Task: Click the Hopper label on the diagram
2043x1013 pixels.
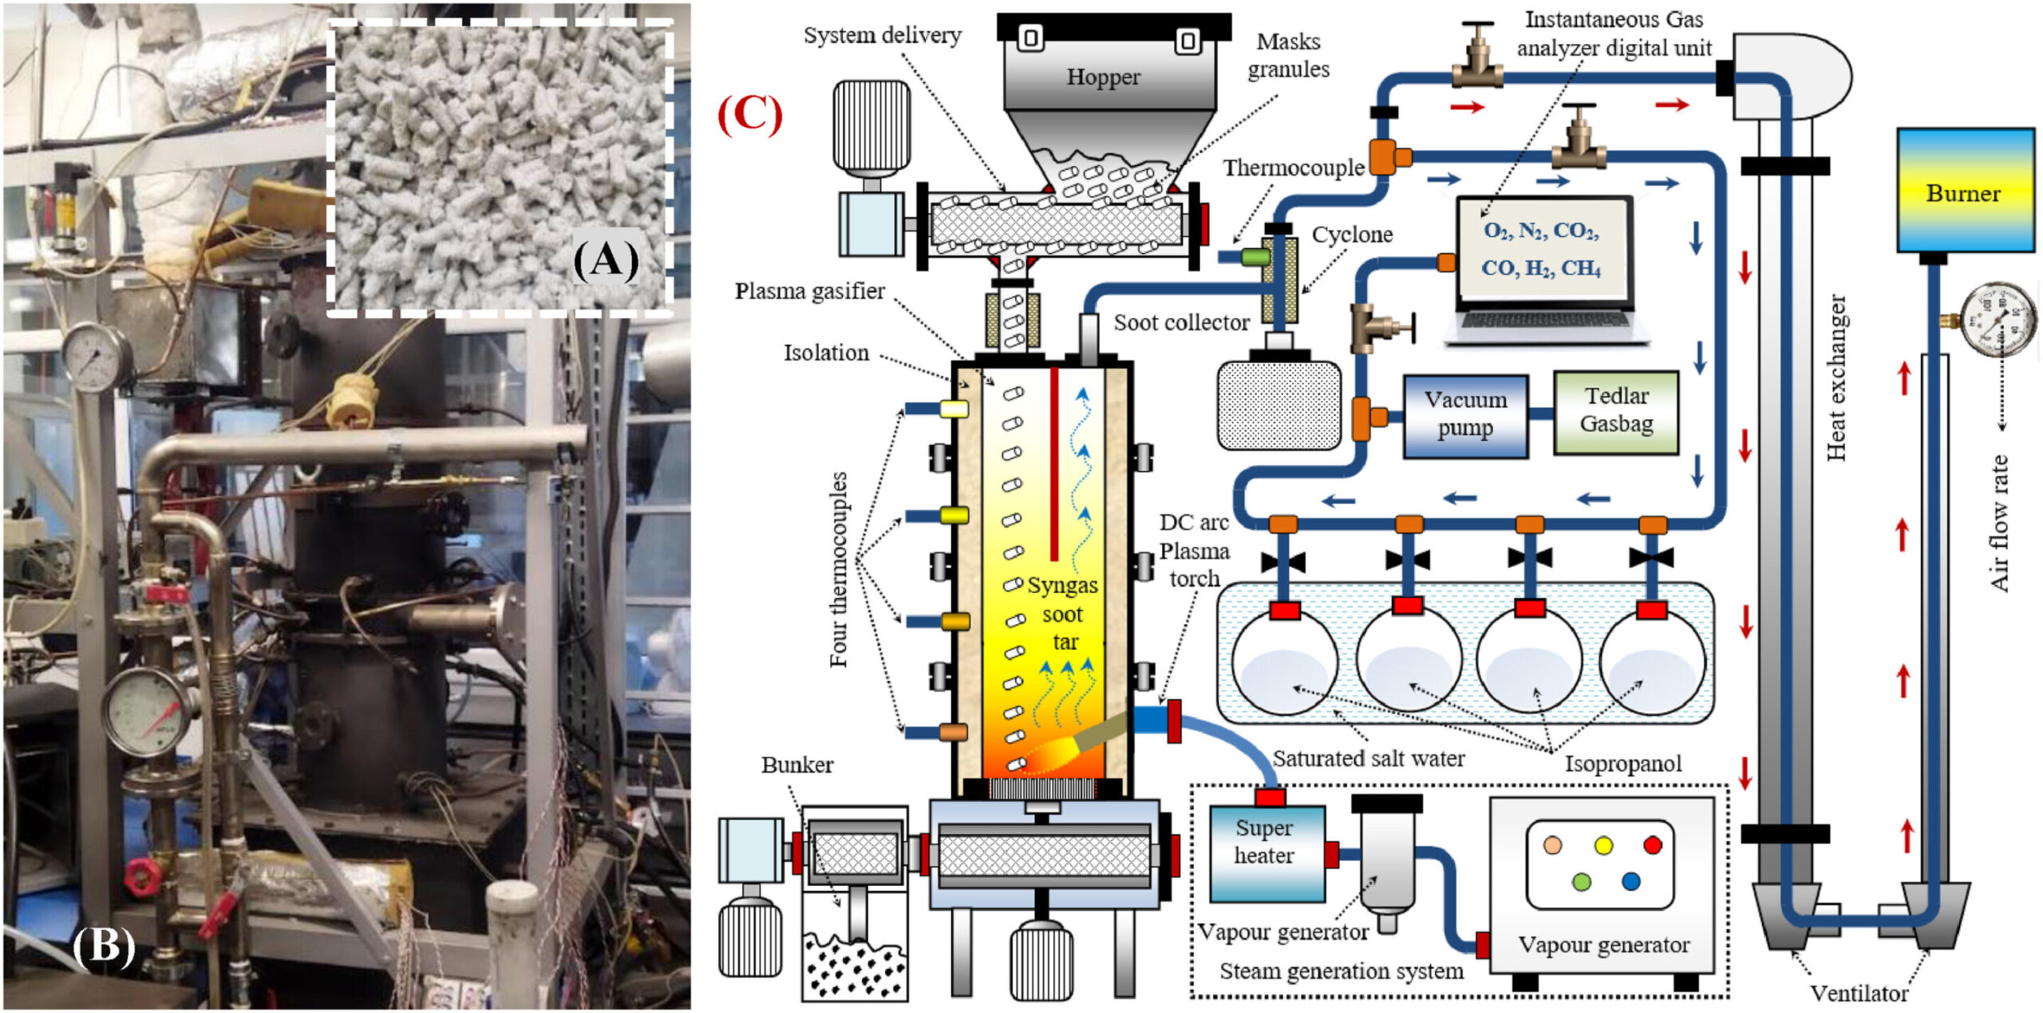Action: pyautogui.click(x=1103, y=77)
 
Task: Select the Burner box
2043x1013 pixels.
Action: pyautogui.click(x=1964, y=192)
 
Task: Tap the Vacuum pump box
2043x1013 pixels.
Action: pyautogui.click(x=1465, y=414)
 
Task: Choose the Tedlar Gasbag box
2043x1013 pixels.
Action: pyautogui.click(x=1616, y=410)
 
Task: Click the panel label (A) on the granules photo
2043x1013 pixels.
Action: pyautogui.click(x=607, y=259)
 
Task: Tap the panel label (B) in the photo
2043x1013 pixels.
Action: pyautogui.click(x=104, y=947)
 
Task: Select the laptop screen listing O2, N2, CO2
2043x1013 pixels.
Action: pyautogui.click(x=1541, y=248)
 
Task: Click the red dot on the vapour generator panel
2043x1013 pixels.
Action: pyautogui.click(x=1653, y=845)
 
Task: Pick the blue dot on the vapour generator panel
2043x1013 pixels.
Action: pyautogui.click(x=1631, y=881)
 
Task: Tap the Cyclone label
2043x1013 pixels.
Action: pyautogui.click(x=1352, y=235)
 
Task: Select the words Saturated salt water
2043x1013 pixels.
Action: pyautogui.click(x=1368, y=758)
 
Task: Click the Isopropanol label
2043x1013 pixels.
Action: pyautogui.click(x=1623, y=764)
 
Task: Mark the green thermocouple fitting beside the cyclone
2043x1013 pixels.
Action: pyautogui.click(x=1255, y=257)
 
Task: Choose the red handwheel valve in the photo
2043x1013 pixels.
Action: pyautogui.click(x=142, y=876)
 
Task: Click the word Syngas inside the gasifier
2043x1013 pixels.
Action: pyautogui.click(x=1062, y=585)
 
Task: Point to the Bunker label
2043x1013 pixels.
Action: pyautogui.click(x=796, y=765)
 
